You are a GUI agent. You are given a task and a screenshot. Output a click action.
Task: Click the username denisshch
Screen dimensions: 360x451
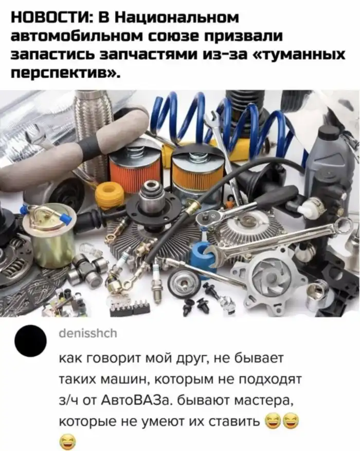coord(88,334)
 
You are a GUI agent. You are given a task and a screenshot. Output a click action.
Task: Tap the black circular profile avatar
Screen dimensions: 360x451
coord(31,341)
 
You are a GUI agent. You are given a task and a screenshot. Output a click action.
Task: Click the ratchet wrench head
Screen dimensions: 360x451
coord(210,219)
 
